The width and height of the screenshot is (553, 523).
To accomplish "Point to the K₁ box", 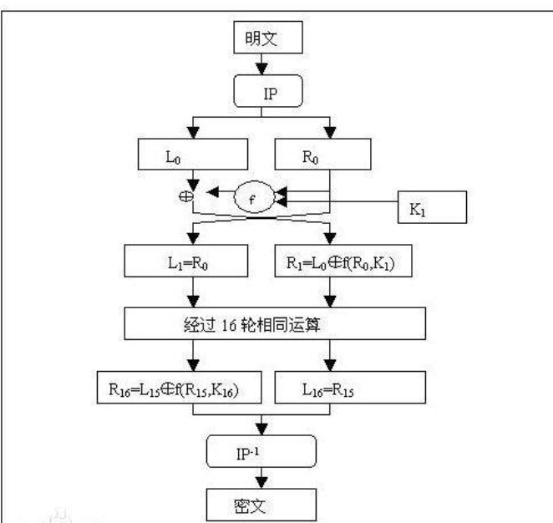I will tap(430, 207).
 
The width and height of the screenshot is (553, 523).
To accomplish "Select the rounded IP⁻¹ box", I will tap(261, 453).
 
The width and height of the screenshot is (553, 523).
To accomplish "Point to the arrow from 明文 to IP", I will tap(261, 65).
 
